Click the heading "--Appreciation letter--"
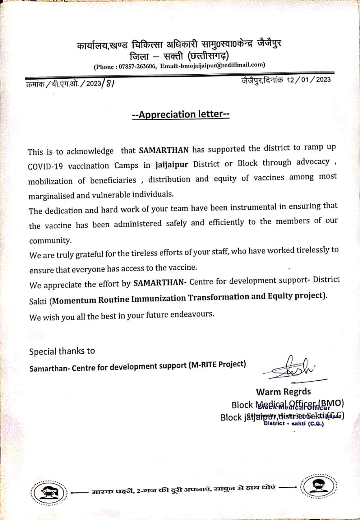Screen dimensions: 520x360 click(181, 115)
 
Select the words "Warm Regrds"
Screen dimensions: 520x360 click(283, 392)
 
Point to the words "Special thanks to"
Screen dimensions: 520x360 click(62, 351)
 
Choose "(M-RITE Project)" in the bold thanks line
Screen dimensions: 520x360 click(217, 364)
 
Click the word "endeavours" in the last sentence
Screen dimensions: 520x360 click(192, 314)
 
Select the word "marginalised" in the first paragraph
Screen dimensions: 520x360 click(51, 196)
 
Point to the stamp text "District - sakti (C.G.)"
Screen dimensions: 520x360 click(293, 424)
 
